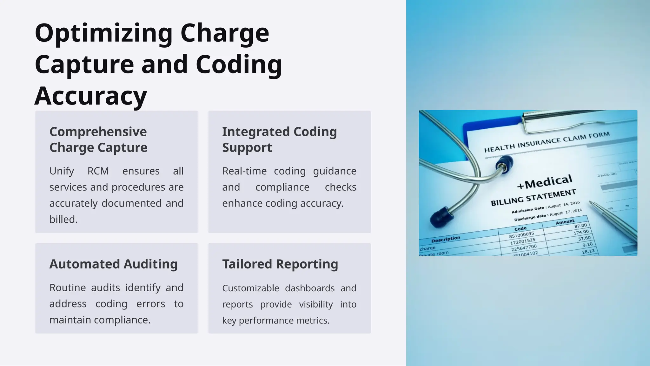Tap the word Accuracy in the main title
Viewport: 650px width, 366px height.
pos(90,96)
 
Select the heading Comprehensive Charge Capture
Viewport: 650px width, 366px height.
pos(98,139)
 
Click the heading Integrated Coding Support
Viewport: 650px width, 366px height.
pos(279,139)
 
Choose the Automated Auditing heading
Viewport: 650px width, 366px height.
pos(113,264)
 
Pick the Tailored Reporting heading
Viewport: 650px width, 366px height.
pos(280,264)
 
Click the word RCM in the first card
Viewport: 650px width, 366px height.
pos(98,171)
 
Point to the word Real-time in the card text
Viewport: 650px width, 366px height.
pos(244,171)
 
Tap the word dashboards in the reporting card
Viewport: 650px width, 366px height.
pos(309,288)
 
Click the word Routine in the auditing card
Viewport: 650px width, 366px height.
pos(68,288)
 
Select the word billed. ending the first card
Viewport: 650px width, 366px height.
pos(63,220)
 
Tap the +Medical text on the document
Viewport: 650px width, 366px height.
pos(544,182)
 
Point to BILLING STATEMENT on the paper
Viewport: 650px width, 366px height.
pos(533,198)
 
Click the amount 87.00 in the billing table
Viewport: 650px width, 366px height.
pos(580,226)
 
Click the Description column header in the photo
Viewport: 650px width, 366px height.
pos(446,239)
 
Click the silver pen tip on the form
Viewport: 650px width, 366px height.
pos(592,203)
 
